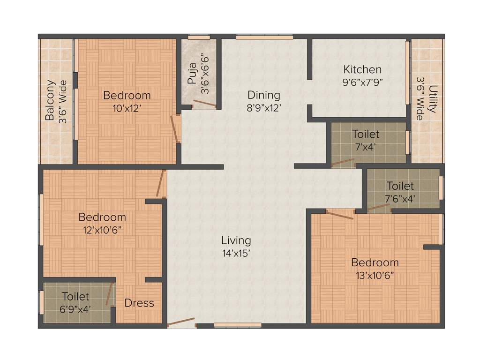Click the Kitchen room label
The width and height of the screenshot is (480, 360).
pyautogui.click(x=362, y=70)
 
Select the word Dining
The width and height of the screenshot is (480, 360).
pyautogui.click(x=264, y=96)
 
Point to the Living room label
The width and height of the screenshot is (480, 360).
pyautogui.click(x=236, y=240)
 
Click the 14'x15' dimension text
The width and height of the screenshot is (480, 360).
pyautogui.click(x=236, y=253)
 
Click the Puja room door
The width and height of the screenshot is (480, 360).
pyautogui.click(x=204, y=104)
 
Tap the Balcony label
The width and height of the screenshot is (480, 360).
pyautogui.click(x=50, y=101)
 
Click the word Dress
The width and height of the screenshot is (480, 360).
pyautogui.click(x=139, y=303)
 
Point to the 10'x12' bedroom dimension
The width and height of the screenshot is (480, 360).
pyautogui.click(x=127, y=108)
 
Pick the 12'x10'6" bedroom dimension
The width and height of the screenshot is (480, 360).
pyautogui.click(x=102, y=230)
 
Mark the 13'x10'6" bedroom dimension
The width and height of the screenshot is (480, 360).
pyautogui.click(x=375, y=275)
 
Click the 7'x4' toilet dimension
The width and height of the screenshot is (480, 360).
pyautogui.click(x=366, y=147)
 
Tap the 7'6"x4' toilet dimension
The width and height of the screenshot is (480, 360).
pyautogui.click(x=400, y=198)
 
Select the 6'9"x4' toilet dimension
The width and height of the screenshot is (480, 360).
pyautogui.click(x=75, y=309)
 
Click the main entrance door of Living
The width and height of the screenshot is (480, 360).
pyautogui.click(x=181, y=322)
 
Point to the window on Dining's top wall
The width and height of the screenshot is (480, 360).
pyautogui.click(x=264, y=37)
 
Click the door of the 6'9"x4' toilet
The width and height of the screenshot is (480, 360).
pyautogui.click(x=109, y=294)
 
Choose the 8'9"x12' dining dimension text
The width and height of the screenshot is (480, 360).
pyautogui.click(x=264, y=108)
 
